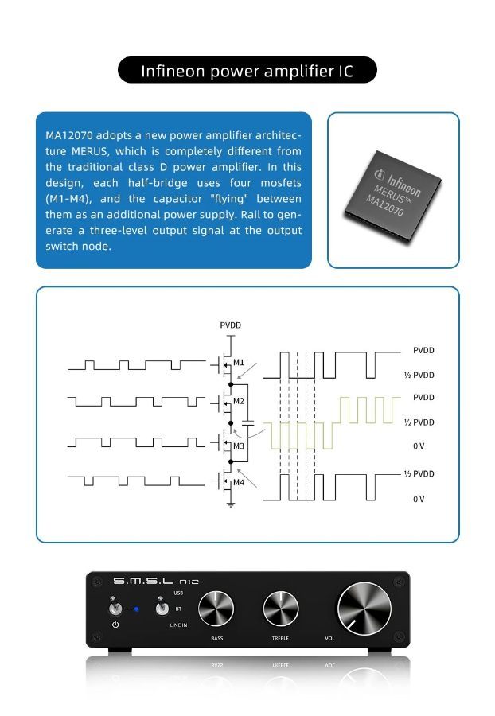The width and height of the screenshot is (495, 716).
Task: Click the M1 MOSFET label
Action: coord(239,363)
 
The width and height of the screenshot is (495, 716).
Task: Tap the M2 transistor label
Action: coord(239,401)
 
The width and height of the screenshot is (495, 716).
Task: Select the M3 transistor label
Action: coord(239,446)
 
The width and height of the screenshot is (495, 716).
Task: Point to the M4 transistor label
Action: coord(239,482)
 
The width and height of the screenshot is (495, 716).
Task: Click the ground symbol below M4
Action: coord(231,504)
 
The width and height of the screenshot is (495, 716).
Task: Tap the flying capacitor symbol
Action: coord(247,424)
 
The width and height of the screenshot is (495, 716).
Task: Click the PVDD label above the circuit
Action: coord(230,325)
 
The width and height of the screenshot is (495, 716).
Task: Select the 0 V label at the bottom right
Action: coord(419,499)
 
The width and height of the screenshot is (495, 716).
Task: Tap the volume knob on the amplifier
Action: coord(364,609)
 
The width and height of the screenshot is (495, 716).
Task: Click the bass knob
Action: coord(216,609)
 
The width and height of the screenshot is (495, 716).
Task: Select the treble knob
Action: coord(280,609)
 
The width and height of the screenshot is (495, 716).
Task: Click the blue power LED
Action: coord(136,609)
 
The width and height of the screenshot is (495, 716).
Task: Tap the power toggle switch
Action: coord(115,607)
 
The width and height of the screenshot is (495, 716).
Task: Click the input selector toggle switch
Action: coord(162,607)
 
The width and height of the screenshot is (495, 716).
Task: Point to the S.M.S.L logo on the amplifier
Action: coord(143,582)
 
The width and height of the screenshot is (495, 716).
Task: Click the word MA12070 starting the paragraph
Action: coord(69,135)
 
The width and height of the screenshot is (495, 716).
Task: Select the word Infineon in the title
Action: coord(173,72)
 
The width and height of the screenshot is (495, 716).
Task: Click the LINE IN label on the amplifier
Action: coord(178,625)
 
